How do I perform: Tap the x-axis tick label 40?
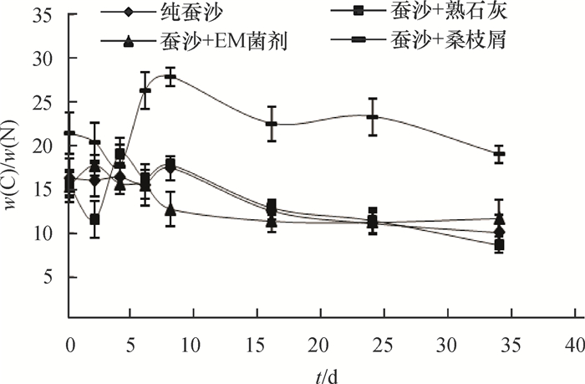tap(573, 346)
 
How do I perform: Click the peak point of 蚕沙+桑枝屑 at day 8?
tap(170, 76)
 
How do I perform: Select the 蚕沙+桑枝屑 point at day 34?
tap(499, 155)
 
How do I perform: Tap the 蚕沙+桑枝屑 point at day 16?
tap(271, 124)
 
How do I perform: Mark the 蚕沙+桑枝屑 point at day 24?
tap(372, 116)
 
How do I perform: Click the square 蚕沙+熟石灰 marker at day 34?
tap(499, 245)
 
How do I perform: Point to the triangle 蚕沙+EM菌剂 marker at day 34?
tap(499, 218)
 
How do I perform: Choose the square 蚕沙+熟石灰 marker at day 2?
tap(95, 220)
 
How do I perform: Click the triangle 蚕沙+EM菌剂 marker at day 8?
tap(170, 209)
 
